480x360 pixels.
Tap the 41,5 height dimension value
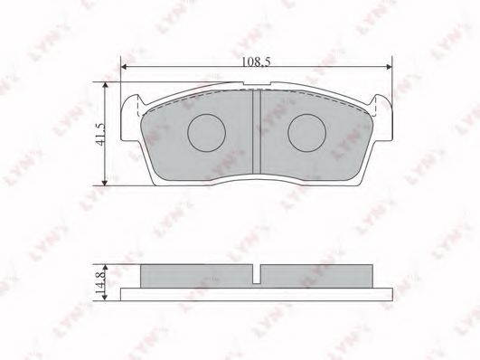(x=99, y=136)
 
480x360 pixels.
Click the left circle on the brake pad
(x=205, y=135)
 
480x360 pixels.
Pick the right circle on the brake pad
(x=306, y=135)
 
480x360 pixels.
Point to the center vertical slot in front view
(x=256, y=136)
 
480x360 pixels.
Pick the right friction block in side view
(x=316, y=275)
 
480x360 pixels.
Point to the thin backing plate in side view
(x=256, y=291)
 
